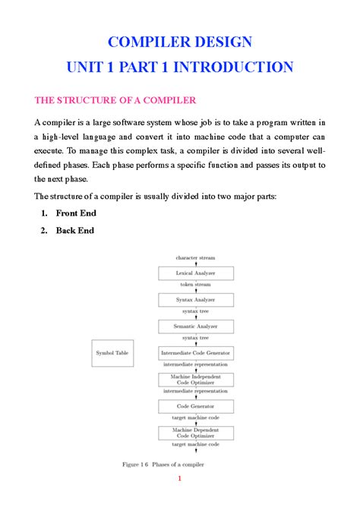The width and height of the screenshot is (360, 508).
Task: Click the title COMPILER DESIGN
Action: tap(180, 41)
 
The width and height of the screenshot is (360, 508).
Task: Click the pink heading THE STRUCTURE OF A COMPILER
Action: tap(115, 99)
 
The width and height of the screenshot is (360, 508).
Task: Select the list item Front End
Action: tap(76, 213)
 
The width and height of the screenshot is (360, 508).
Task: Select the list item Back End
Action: tap(75, 230)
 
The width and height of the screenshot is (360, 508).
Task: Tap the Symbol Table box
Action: tap(112, 353)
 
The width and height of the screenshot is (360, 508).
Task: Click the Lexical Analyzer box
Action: tap(195, 272)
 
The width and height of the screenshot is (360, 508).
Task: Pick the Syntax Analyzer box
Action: tap(195, 299)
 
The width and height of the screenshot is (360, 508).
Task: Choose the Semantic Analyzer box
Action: tap(195, 326)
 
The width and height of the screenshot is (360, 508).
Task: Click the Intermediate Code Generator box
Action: tap(195, 353)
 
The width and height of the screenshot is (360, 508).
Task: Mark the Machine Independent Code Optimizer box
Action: tap(195, 379)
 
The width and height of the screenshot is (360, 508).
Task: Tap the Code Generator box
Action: tap(195, 405)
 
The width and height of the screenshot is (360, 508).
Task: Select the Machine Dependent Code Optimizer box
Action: tap(195, 433)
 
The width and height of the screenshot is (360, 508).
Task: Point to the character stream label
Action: tap(195, 257)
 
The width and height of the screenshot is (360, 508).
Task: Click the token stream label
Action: tap(195, 285)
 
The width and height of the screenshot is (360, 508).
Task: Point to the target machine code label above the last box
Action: tap(195, 418)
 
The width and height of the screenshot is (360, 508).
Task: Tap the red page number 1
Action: tap(180, 478)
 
